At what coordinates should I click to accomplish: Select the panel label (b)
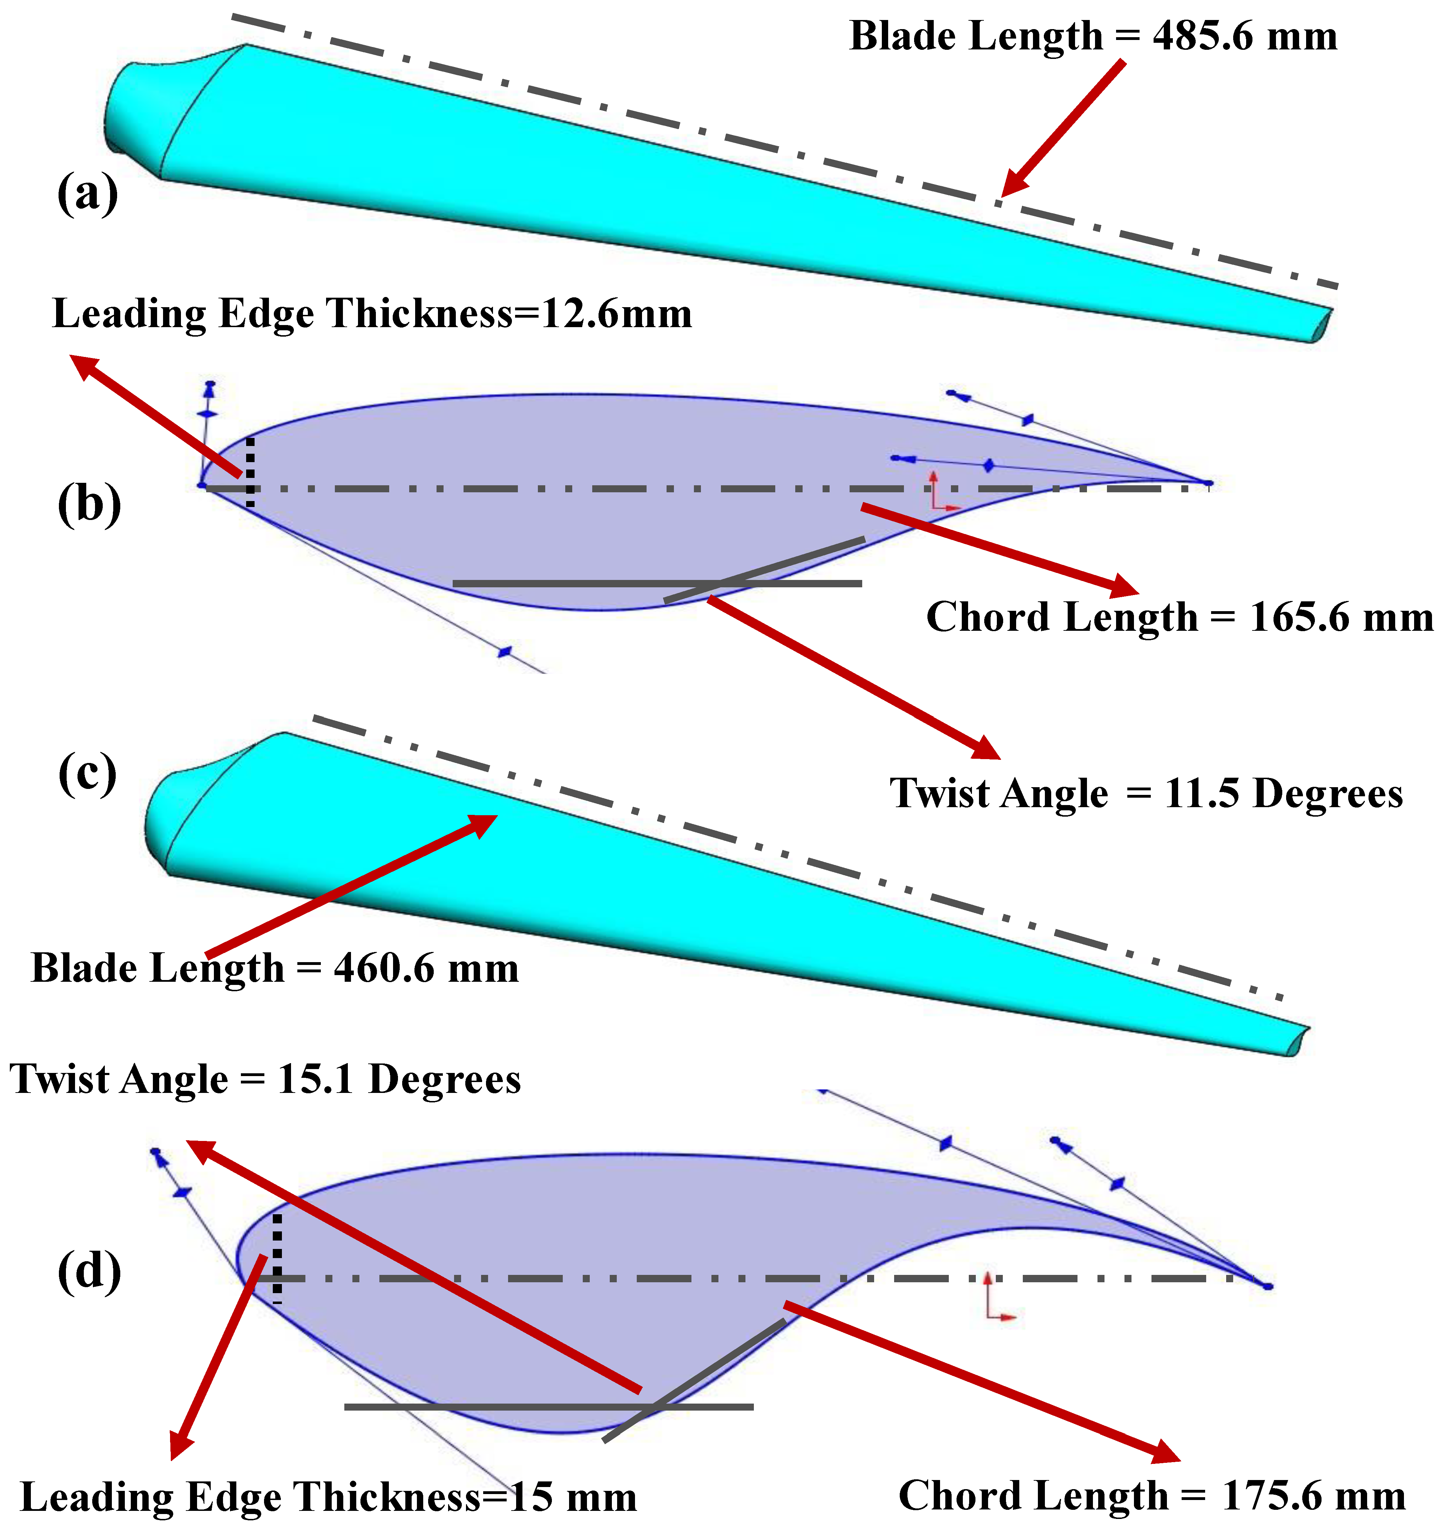coord(89,505)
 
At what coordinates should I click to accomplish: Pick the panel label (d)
coord(89,1271)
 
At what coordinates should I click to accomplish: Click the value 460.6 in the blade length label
coord(384,968)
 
